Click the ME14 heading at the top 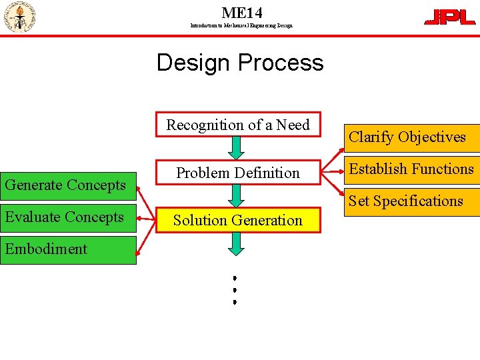point(241,13)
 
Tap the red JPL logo point(450,17)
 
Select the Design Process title point(240,63)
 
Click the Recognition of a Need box point(238,125)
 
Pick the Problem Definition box point(238,173)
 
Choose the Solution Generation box point(238,220)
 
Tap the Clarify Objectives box point(407,137)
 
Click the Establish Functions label point(411,169)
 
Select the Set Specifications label point(406,201)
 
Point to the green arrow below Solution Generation point(236,243)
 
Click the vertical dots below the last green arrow point(235,289)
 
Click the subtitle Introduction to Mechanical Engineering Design point(241,25)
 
